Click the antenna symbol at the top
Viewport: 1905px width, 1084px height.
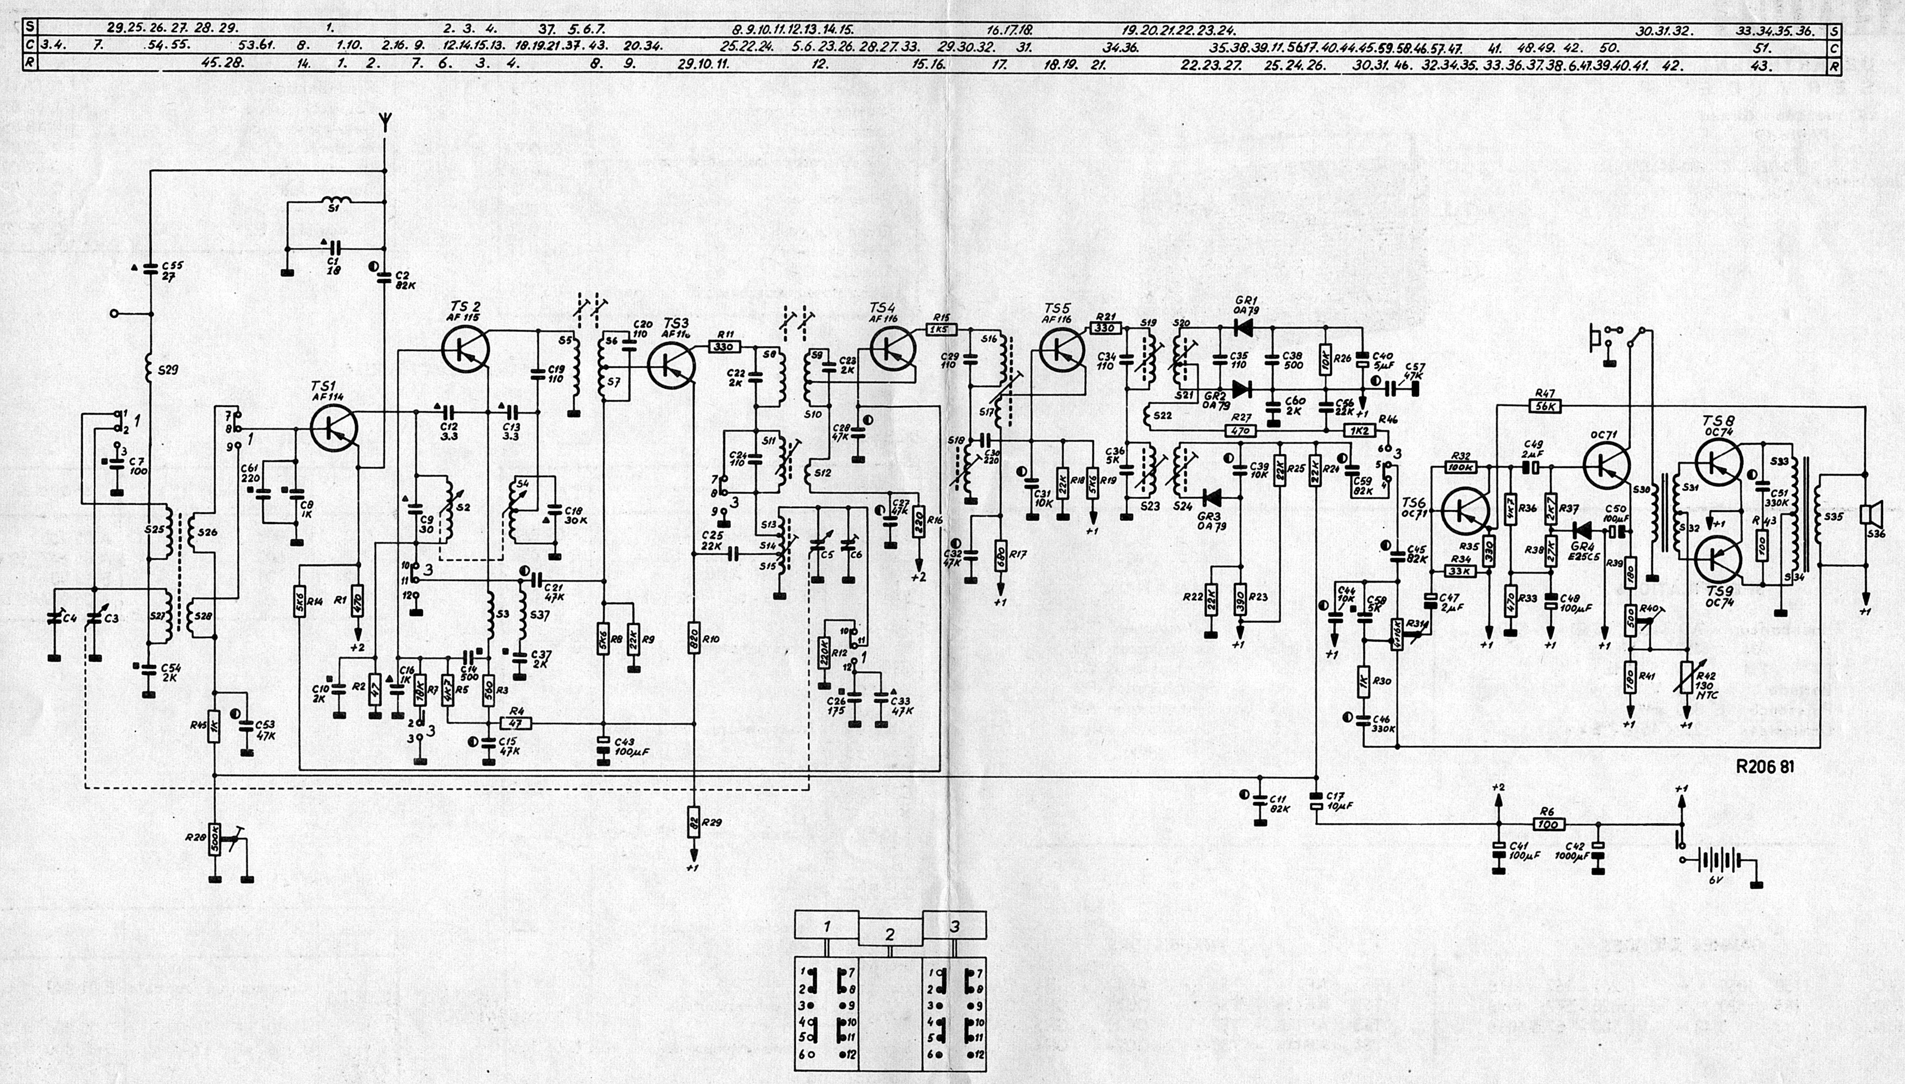[x=384, y=121]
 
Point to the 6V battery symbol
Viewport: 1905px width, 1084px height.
[x=1716, y=860]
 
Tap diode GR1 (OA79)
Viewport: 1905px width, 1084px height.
[x=1241, y=326]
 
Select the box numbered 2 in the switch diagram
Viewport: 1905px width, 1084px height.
[x=890, y=933]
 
